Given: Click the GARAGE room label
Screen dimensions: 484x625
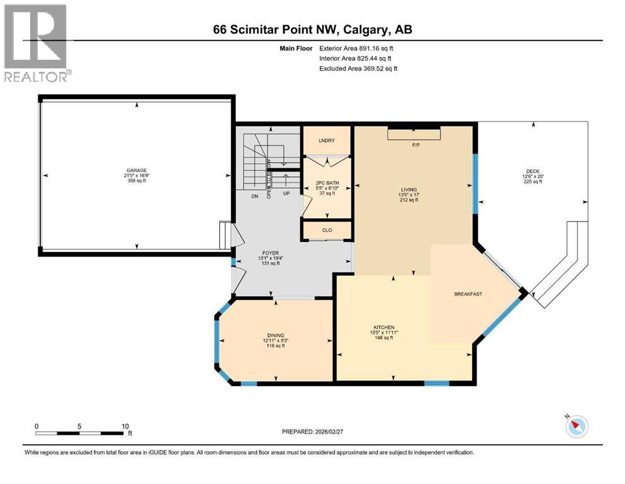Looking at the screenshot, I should (136, 170).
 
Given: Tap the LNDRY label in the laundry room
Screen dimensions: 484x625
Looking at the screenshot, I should (326, 141).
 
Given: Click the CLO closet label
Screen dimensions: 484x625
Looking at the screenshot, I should (327, 231).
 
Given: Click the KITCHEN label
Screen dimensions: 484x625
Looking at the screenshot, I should (384, 328).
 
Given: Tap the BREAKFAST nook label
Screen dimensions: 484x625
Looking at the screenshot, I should (468, 294).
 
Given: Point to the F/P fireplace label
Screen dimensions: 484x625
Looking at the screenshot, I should (415, 146).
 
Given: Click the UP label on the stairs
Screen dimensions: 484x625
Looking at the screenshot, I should (286, 193).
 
